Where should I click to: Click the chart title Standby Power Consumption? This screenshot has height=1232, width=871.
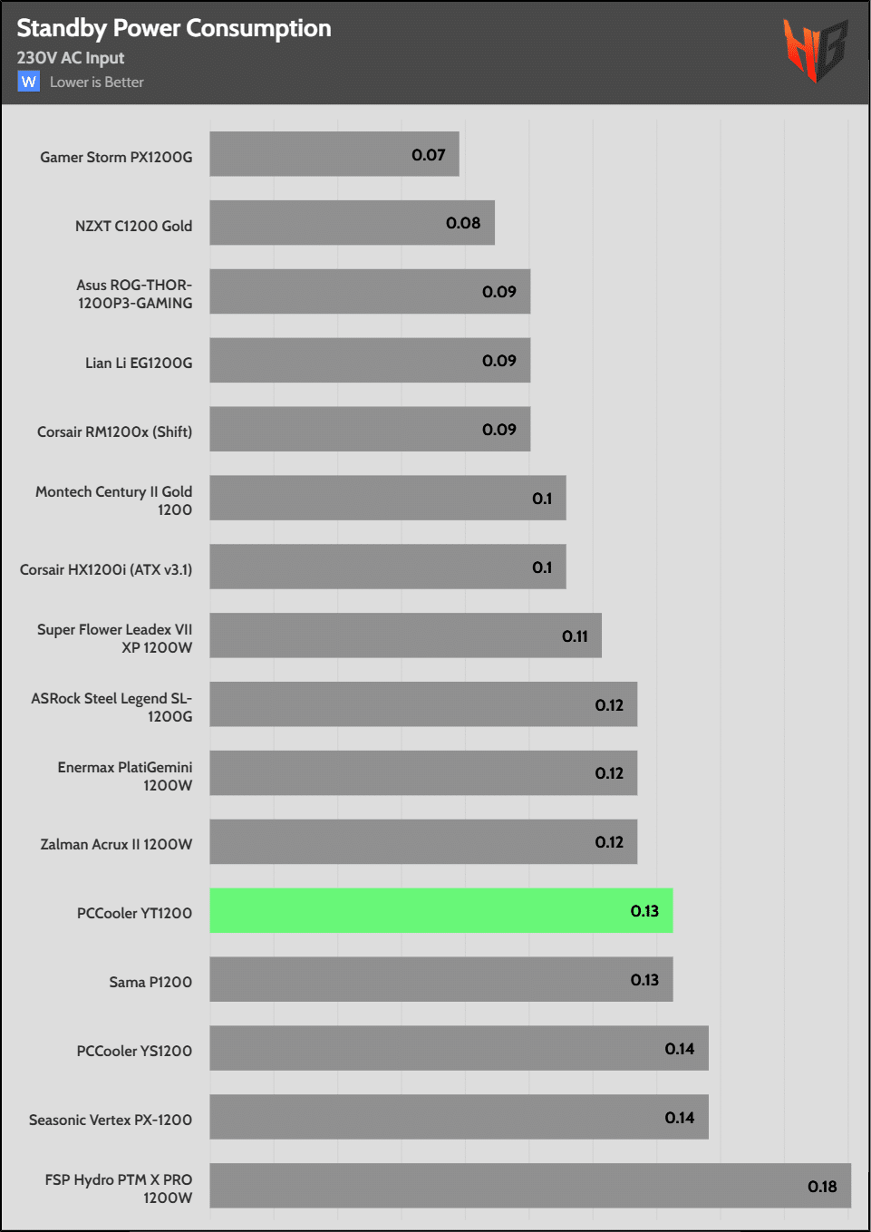[174, 28]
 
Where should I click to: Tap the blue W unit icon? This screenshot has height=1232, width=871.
[29, 82]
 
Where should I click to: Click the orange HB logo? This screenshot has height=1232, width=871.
[815, 51]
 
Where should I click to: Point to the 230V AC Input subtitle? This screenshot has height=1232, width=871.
[71, 58]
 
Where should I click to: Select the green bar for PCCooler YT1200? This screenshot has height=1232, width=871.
[440, 910]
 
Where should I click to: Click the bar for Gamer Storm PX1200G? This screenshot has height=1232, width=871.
[334, 154]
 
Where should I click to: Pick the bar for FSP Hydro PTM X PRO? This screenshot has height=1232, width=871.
[529, 1186]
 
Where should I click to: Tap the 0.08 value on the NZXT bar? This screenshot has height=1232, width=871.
[463, 223]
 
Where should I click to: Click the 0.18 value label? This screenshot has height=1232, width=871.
[822, 1187]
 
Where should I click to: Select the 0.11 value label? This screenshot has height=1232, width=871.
[575, 636]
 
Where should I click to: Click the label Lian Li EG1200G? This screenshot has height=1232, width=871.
[139, 363]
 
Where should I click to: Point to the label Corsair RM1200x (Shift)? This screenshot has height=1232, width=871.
[114, 432]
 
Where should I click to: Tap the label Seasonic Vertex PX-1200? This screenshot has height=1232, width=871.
[111, 1120]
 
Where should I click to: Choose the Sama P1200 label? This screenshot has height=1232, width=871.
[150, 982]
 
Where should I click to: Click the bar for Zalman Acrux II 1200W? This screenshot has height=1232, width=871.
[423, 841]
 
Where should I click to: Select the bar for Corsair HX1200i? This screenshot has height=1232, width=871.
[388, 567]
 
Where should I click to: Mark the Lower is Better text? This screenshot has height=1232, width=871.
[97, 82]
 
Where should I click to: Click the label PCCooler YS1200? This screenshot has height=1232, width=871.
[134, 1051]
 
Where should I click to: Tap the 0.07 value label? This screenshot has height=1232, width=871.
[429, 155]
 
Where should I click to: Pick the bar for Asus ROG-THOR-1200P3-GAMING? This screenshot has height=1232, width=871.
[370, 291]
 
